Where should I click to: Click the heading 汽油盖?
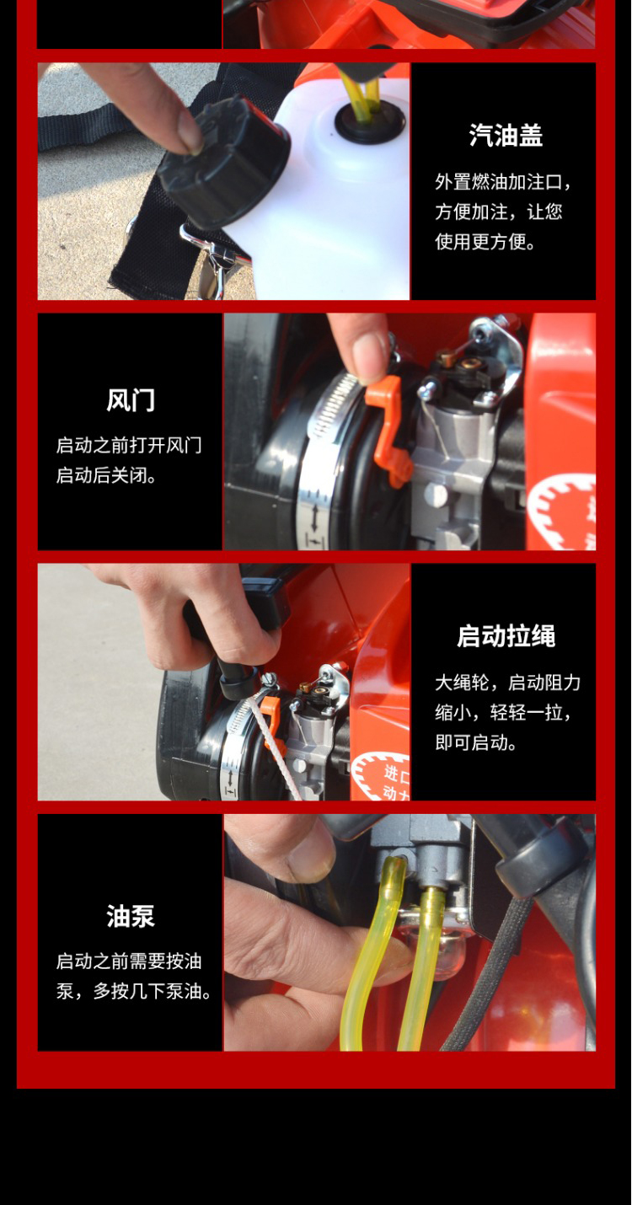pyautogui.click(x=506, y=135)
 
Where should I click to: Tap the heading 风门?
pyautogui.click(x=130, y=399)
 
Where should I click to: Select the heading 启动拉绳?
pyautogui.click(x=506, y=636)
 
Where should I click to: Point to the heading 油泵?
pyautogui.click(x=130, y=916)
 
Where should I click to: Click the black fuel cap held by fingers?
pyautogui.click(x=223, y=162)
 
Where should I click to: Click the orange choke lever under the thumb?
pyautogui.click(x=388, y=431)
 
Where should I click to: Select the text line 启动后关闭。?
pyautogui.click(x=106, y=475)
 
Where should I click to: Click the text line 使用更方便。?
pyautogui.click(x=485, y=242)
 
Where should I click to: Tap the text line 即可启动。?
pyautogui.click(x=476, y=743)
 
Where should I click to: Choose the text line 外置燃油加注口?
pyautogui.click(x=503, y=182)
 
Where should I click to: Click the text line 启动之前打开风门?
pyautogui.click(x=129, y=446)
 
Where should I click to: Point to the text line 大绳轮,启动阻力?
pyautogui.click(x=508, y=683)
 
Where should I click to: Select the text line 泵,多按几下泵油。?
pyautogui.click(x=134, y=991)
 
